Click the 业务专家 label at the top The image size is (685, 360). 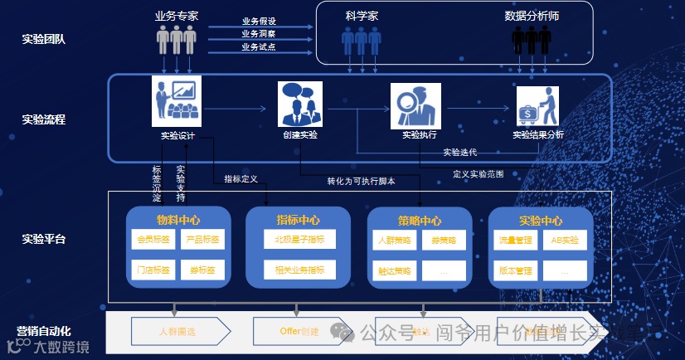coord(176,16)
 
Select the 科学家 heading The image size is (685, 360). coord(362,16)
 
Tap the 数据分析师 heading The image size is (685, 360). coord(532,16)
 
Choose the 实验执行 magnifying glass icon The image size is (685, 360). coord(413,106)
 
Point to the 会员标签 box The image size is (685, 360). coord(154,241)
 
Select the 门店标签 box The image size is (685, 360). coord(154,270)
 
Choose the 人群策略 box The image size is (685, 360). coord(394,241)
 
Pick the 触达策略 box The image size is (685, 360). coord(394,270)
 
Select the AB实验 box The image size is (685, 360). coord(566,241)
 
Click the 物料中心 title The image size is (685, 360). coord(177,221)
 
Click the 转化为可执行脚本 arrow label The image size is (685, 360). coord(361,181)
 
